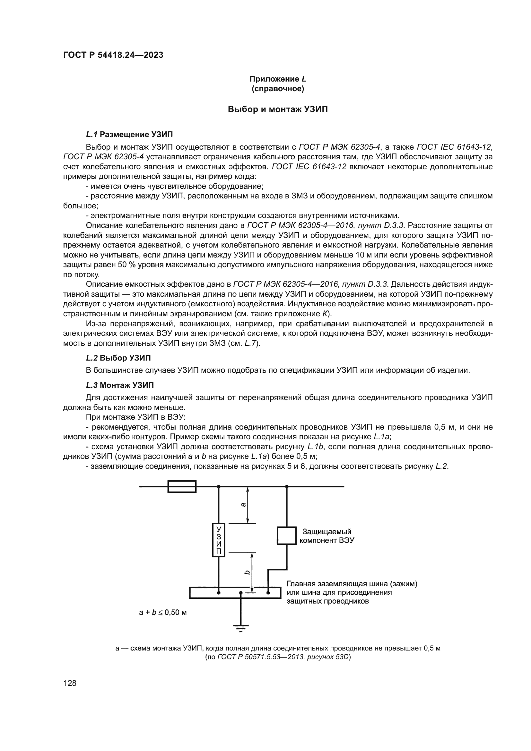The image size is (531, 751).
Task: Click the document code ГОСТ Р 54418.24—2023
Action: [x=113, y=55]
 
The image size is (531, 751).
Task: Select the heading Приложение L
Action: [x=278, y=79]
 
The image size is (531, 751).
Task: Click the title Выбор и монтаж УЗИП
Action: [x=278, y=109]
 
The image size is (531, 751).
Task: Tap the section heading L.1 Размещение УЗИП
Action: [x=129, y=135]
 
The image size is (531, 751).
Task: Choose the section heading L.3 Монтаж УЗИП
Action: [x=120, y=385]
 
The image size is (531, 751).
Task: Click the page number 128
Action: [x=70, y=683]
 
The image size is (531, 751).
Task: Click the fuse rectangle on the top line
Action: [x=182, y=486]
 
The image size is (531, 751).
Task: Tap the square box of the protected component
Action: [x=286, y=536]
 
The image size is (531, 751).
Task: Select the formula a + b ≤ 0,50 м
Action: [x=163, y=612]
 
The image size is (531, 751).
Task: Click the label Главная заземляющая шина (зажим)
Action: [x=352, y=584]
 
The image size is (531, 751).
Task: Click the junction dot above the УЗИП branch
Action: [x=219, y=486]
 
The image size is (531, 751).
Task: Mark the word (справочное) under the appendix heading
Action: [x=278, y=89]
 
